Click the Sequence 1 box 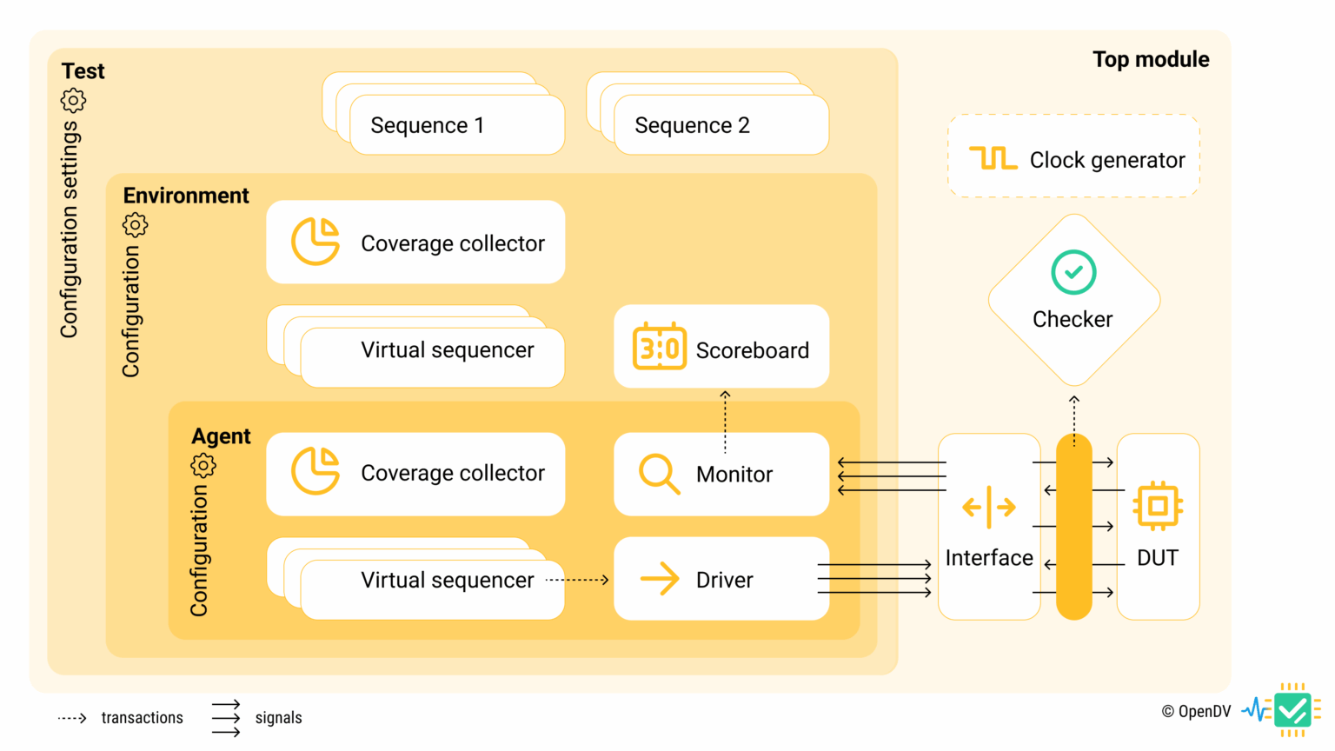[456, 125]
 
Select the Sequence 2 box [721, 125]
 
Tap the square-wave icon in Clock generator [993, 158]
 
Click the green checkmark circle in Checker [1073, 272]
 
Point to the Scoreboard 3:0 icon [659, 347]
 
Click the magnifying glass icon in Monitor [659, 474]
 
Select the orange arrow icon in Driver [659, 579]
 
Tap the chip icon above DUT [1158, 506]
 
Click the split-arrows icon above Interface [989, 507]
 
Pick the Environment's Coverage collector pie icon [315, 242]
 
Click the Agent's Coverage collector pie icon [315, 471]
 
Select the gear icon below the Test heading [73, 100]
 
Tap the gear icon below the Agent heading [203, 465]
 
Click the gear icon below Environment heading [135, 225]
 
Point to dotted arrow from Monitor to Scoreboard [725, 422]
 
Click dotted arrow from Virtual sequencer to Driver [578, 580]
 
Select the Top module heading [1150, 59]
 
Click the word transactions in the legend [142, 718]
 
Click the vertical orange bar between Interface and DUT [1074, 527]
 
